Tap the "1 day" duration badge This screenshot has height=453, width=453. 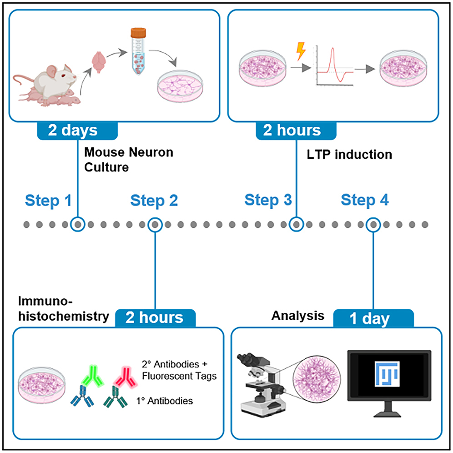click(x=369, y=318)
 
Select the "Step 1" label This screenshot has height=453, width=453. click(x=48, y=200)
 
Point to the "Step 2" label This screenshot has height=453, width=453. click(x=154, y=200)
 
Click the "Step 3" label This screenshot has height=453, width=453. click(x=268, y=200)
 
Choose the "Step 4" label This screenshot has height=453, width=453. click(x=365, y=200)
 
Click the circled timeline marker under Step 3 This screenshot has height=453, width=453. click(x=297, y=224)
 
